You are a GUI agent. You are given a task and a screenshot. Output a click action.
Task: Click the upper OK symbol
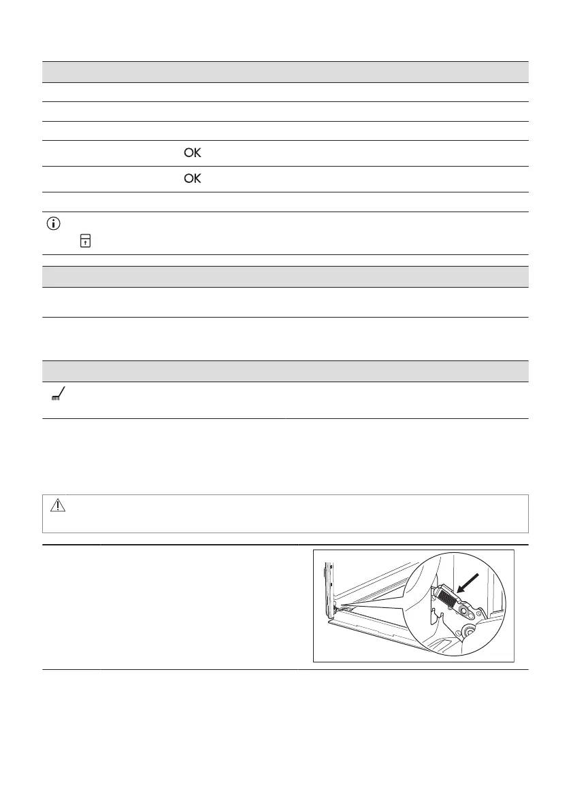point(193,154)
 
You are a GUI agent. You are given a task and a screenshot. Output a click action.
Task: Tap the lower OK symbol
point(193,180)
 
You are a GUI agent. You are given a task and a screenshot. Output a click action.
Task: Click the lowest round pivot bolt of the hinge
point(470,632)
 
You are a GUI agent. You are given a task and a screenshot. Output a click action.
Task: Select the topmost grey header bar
point(285,71)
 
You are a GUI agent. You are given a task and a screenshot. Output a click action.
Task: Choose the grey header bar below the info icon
point(285,276)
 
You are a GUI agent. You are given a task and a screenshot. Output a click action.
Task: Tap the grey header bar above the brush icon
point(285,371)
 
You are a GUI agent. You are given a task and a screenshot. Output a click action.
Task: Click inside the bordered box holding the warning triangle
point(285,513)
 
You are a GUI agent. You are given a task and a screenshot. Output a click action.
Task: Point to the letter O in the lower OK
point(188,180)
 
